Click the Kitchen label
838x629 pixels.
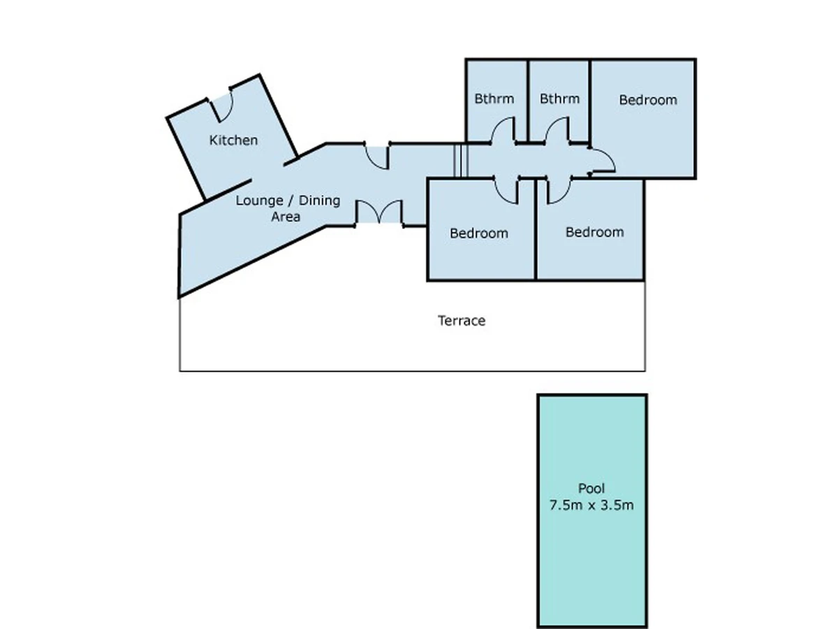[x=233, y=140]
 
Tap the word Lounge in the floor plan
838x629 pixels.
[x=259, y=201]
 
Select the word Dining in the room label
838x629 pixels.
[x=319, y=201]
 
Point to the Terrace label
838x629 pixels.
[x=462, y=320]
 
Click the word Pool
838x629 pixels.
[x=591, y=488]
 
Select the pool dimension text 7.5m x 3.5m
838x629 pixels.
[x=591, y=505]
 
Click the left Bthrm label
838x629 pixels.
[x=494, y=99]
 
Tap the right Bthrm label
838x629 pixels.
[x=559, y=99]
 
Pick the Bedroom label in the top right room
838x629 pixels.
[x=648, y=100]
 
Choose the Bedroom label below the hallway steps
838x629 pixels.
[x=479, y=233]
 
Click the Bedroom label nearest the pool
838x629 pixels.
[x=594, y=232]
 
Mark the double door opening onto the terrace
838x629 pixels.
[x=379, y=212]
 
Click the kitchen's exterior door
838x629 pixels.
[x=221, y=105]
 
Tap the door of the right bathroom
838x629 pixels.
[x=557, y=131]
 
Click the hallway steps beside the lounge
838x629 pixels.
[x=461, y=161]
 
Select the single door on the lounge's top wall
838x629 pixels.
[x=377, y=156]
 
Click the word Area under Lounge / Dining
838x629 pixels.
[x=286, y=217]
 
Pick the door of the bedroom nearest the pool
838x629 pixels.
[x=559, y=190]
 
